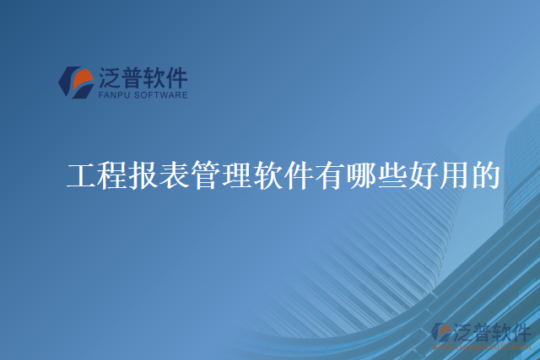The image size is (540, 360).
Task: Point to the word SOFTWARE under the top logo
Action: [160, 95]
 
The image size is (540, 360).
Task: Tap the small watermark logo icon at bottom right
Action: [441, 331]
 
